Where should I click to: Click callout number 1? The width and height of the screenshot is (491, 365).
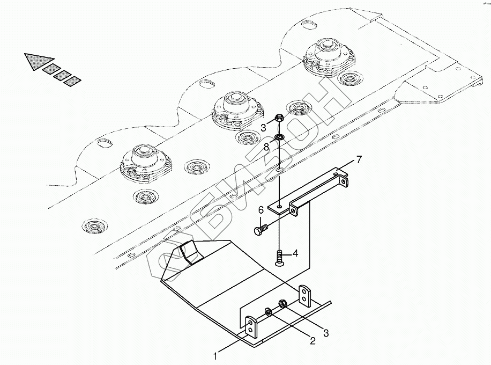215,355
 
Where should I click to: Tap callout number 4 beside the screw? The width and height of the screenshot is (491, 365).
295,253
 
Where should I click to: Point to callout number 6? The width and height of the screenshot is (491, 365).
261,209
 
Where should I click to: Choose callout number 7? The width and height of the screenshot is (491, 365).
359,159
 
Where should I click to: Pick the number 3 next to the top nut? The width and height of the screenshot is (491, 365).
264,127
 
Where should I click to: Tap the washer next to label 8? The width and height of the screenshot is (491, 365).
280,138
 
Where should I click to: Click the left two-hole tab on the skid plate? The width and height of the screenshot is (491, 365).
251,327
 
